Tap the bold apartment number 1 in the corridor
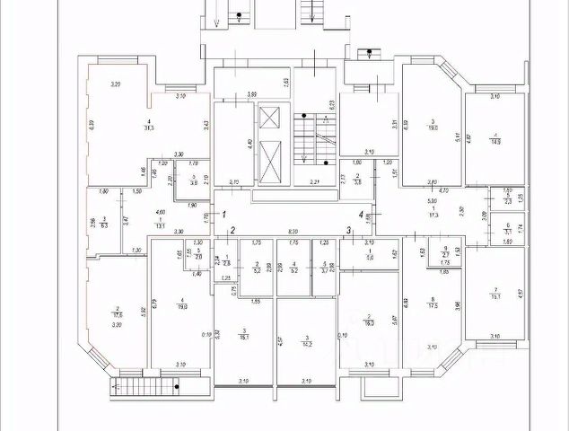[x=224, y=214]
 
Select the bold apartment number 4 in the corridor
[x=362, y=214]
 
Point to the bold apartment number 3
[x=348, y=231]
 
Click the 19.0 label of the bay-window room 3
[x=433, y=128]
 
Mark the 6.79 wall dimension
[x=156, y=302]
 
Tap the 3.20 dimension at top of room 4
[x=115, y=84]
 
